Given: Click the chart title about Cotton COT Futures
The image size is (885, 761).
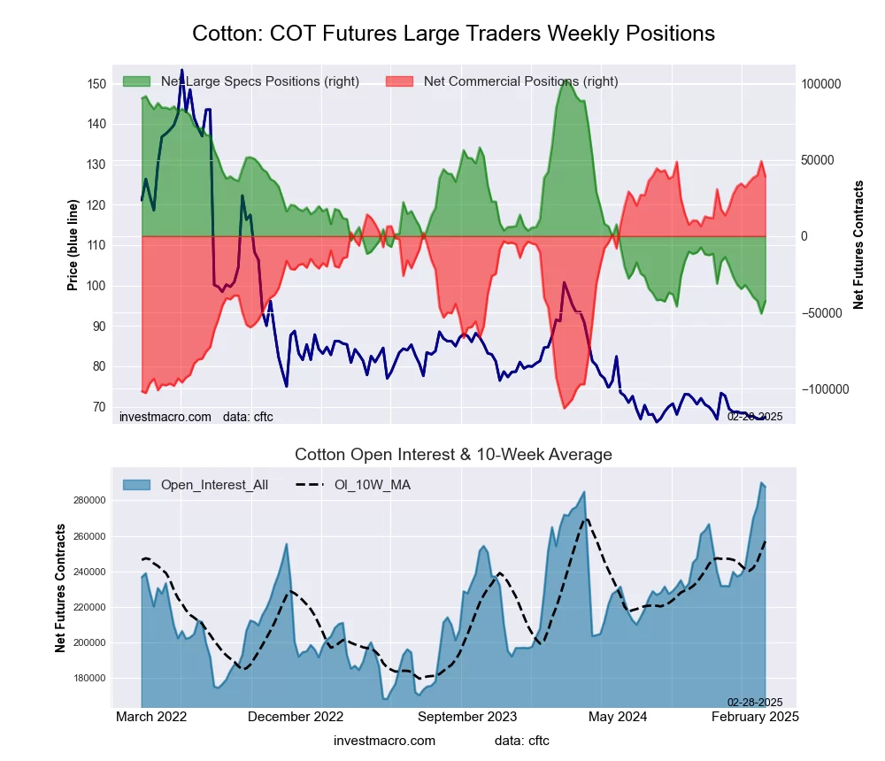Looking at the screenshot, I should pos(453,34).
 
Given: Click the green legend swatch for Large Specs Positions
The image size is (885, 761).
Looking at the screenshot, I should pos(136,81).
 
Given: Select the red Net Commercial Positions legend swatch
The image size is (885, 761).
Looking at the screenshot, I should pos(399,81).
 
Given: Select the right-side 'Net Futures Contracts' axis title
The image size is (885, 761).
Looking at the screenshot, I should pos(858,244).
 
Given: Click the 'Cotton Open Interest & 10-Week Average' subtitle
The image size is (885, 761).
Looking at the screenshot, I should pos(453,455).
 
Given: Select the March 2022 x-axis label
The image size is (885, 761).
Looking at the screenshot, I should pos(151,717).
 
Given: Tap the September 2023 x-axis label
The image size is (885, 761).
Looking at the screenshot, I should pos(466,717).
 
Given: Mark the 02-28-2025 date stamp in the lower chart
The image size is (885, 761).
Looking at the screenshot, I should pos(755,703).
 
